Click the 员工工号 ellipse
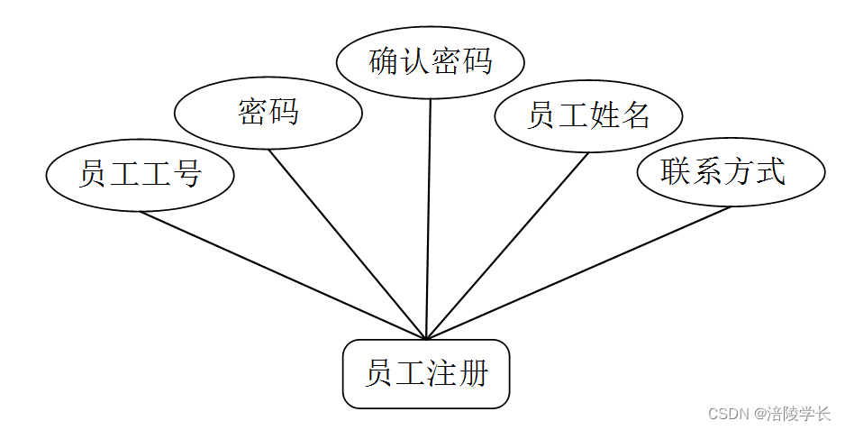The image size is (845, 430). tap(140, 174)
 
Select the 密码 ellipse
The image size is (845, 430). tap(268, 113)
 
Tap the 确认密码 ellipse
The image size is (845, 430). tap(430, 62)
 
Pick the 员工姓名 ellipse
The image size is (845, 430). tap(588, 115)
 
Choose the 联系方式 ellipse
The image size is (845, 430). tap(731, 171)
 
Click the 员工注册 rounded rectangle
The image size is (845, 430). tap(426, 373)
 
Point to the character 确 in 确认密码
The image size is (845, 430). tap(385, 62)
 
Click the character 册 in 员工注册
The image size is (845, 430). tap(472, 373)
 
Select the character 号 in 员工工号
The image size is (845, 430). tap(186, 174)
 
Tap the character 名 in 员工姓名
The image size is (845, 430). tap(635, 115)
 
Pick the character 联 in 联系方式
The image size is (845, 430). tap(676, 171)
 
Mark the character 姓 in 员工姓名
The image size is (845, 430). tap(604, 115)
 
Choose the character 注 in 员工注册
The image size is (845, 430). tap(441, 373)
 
